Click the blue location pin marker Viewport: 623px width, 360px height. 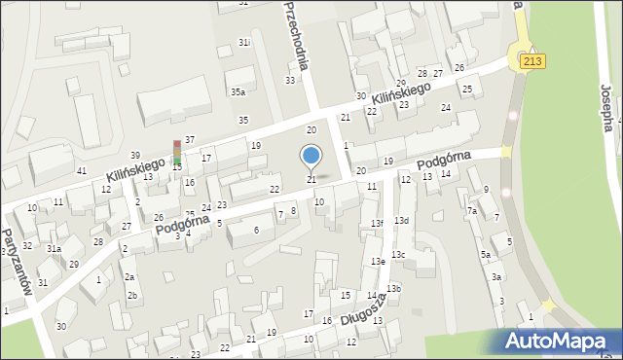tap(311, 156)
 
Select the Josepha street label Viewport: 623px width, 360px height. tap(607, 107)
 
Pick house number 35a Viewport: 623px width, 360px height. tap(238, 92)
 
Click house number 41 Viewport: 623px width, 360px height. tap(81, 170)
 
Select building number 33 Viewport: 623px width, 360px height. tap(290, 80)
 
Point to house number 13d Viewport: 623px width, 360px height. tap(401, 221)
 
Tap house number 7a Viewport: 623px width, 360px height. tap(471, 210)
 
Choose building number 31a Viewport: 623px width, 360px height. tap(55, 249)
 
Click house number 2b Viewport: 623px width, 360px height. tap(132, 295)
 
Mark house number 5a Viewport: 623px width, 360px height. tap(485, 254)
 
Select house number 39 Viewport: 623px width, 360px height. tap(135, 156)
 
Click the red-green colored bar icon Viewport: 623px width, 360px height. tap(177, 154)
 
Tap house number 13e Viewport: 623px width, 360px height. tap(378, 262)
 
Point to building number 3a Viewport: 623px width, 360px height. tap(495, 277)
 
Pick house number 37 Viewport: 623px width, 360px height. tap(190, 140)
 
